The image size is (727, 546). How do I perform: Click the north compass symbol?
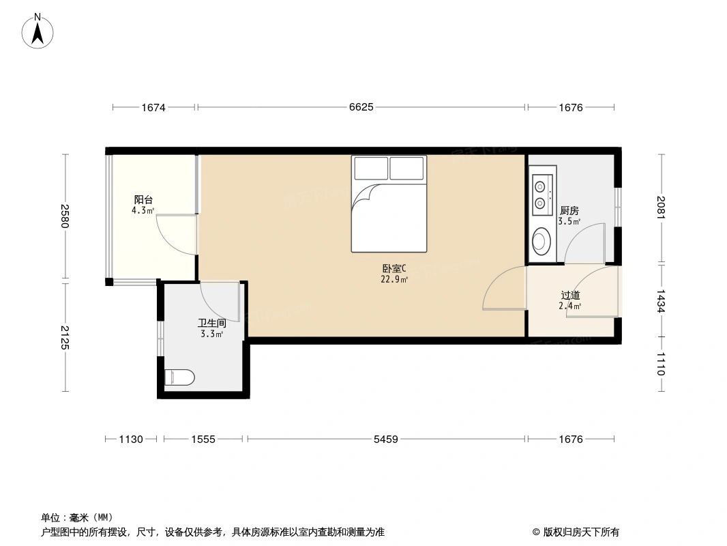pyautogui.click(x=38, y=31)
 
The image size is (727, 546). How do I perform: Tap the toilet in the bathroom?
pyautogui.click(x=180, y=377)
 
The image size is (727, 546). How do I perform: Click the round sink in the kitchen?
pyautogui.click(x=542, y=240)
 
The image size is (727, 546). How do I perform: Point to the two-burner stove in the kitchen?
pyautogui.click(x=542, y=194)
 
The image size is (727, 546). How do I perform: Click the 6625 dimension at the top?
pyautogui.click(x=361, y=107)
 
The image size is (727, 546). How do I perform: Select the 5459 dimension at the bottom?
pyautogui.click(x=386, y=440)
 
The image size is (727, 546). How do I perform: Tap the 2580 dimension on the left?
pyautogui.click(x=65, y=216)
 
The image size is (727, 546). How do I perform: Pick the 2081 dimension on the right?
pyautogui.click(x=661, y=207)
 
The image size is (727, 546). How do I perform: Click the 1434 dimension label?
pyautogui.click(x=661, y=300)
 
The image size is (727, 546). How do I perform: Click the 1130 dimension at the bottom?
pyautogui.click(x=131, y=440)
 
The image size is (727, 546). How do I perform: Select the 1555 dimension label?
pyautogui.click(x=203, y=440)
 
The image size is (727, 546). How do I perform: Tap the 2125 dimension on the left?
pyautogui.click(x=65, y=336)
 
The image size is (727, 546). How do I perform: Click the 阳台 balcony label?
pyautogui.click(x=143, y=200)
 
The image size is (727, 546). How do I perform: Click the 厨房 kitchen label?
pyautogui.click(x=569, y=211)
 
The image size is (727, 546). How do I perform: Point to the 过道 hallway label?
pyautogui.click(x=570, y=296)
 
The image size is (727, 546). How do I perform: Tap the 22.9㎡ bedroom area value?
pyautogui.click(x=394, y=279)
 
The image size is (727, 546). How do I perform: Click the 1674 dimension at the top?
pyautogui.click(x=154, y=107)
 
